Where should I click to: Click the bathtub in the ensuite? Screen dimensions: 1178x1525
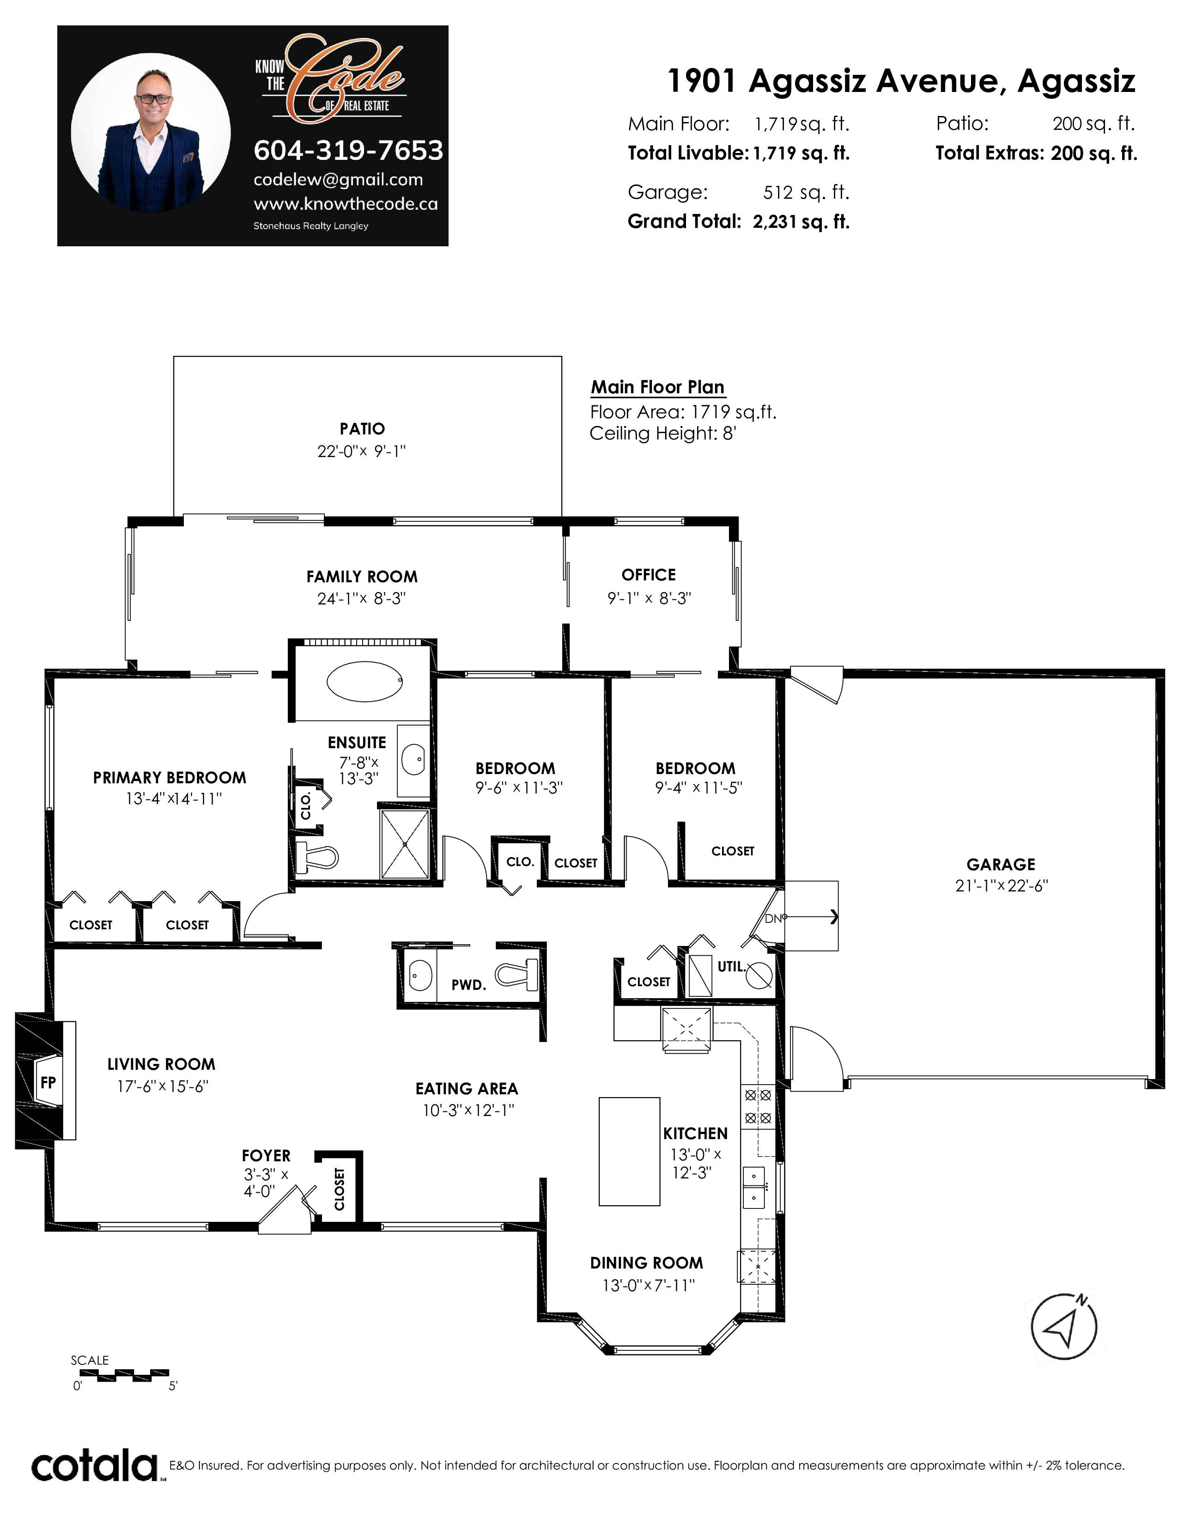click(364, 681)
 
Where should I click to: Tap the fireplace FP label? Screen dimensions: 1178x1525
click(48, 1082)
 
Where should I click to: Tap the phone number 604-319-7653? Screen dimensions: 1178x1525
click(348, 150)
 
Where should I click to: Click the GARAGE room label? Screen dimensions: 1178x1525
click(1001, 865)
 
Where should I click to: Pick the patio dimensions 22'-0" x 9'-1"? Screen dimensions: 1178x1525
click(362, 451)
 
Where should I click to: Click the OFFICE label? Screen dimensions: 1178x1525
click(648, 575)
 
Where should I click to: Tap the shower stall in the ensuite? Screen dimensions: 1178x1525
click(405, 845)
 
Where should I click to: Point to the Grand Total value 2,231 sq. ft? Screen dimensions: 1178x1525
click(801, 222)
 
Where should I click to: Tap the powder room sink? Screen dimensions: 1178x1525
click(420, 975)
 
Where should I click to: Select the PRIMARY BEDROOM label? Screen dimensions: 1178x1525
click(170, 778)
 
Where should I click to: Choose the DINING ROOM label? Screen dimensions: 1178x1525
click(646, 1263)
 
